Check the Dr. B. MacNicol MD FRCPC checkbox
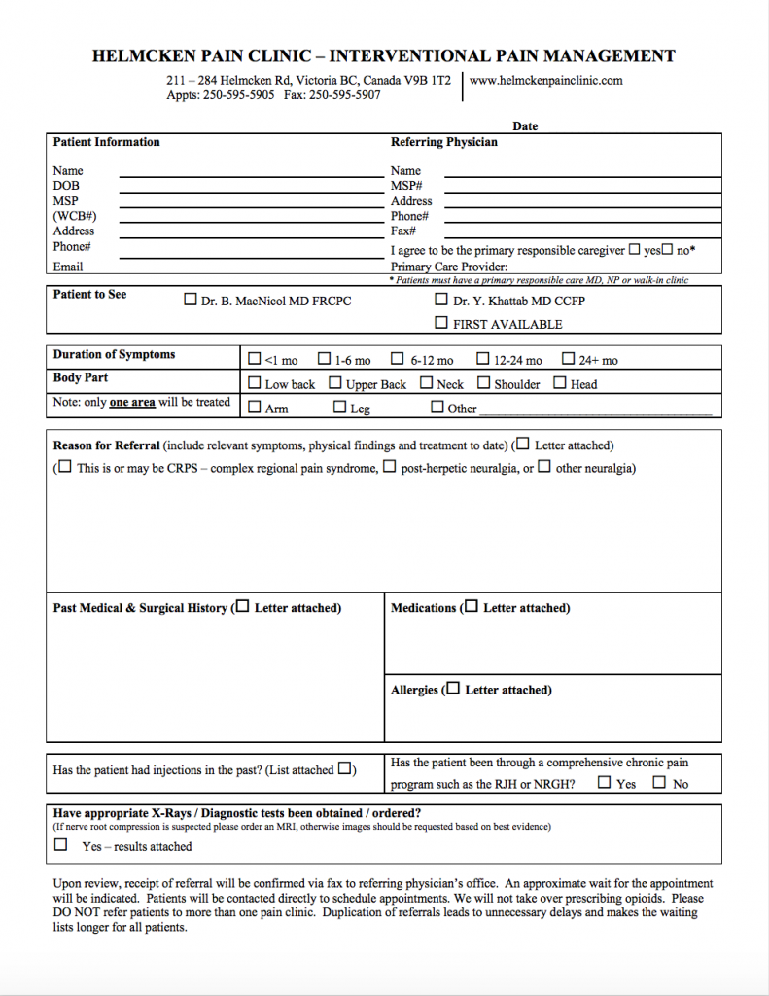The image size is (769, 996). (191, 301)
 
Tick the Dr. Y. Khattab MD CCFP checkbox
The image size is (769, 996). (441, 300)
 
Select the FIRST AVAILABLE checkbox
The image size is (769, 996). (441, 323)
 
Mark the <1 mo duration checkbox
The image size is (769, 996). (255, 359)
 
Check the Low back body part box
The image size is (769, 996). (255, 383)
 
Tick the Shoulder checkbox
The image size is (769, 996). (483, 383)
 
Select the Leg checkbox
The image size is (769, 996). (339, 408)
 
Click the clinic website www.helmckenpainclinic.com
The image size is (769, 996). (545, 81)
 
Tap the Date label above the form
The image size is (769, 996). (525, 126)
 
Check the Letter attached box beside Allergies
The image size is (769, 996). (453, 689)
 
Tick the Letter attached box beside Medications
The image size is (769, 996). (472, 607)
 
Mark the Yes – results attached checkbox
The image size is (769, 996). (61, 845)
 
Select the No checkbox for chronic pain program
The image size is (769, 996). (660, 782)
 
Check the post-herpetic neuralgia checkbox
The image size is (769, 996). (389, 467)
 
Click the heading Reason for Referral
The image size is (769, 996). (106, 445)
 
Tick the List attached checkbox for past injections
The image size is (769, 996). (345, 769)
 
